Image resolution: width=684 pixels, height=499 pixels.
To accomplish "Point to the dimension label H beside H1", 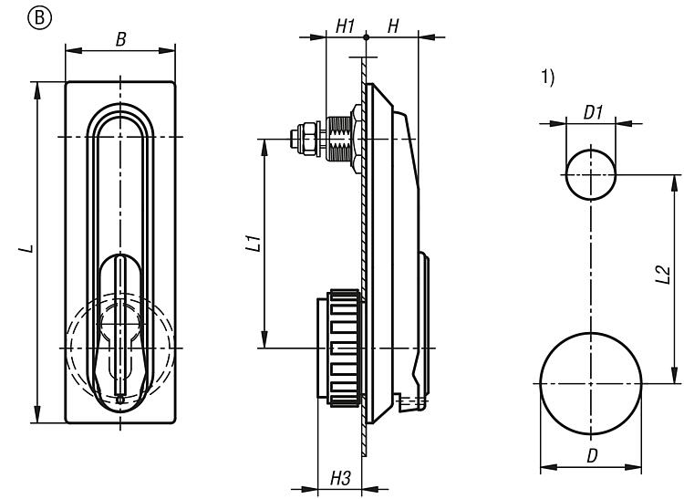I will tap(392, 26).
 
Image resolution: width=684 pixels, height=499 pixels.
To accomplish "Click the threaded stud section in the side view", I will tap(343, 139).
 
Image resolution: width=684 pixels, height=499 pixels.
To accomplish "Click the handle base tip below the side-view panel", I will tap(412, 400).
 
